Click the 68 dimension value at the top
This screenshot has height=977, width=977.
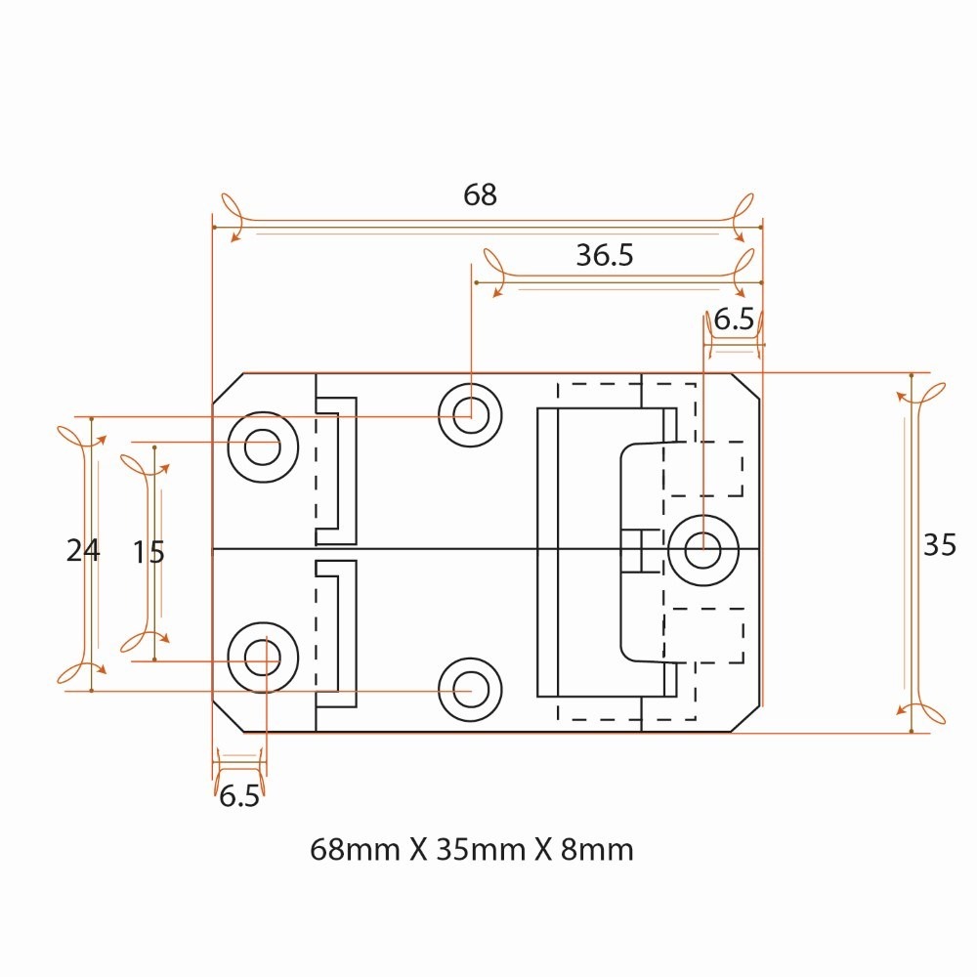480,195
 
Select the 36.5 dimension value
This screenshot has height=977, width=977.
605,256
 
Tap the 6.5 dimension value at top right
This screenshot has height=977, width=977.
734,320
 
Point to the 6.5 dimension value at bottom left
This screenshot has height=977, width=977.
238,797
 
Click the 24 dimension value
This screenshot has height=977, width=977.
83,552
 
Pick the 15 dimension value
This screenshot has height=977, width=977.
149,553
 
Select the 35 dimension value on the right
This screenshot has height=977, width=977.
939,546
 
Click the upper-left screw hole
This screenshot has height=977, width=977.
262,447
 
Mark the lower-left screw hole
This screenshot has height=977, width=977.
262,656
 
